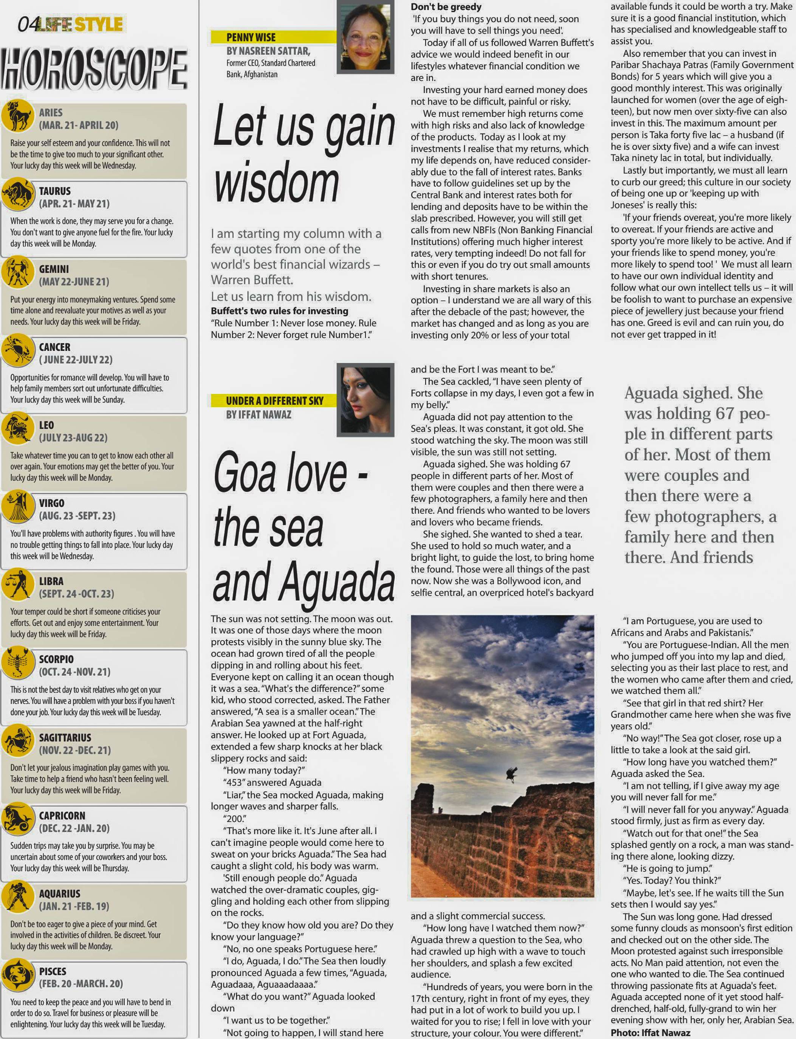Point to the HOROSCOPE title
pyautogui.click(x=94, y=70)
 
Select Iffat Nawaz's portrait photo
pyautogui.click(x=365, y=399)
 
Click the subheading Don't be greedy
pyautogui.click(x=446, y=7)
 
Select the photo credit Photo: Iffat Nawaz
pyautogui.click(x=650, y=1032)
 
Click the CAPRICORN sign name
pyautogui.click(x=62, y=815)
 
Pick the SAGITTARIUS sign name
pyautogui.click(x=65, y=738)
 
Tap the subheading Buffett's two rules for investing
pyautogui.click(x=280, y=311)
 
